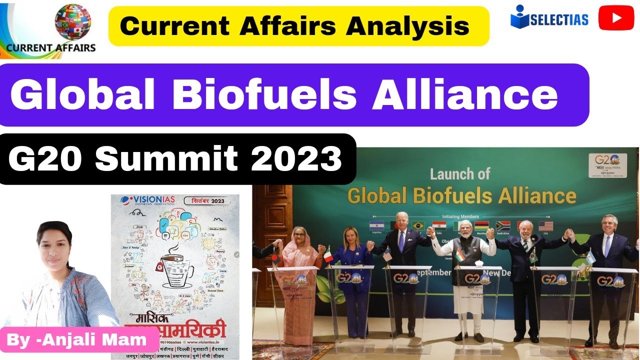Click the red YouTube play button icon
pos(616,18)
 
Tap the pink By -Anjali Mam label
pos(77,340)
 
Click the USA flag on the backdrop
pos(546,226)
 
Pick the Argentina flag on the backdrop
pos(376,225)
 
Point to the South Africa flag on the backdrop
pos(502,226)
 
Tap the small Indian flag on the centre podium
pos(460,255)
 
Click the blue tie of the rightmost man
pos(607,245)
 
